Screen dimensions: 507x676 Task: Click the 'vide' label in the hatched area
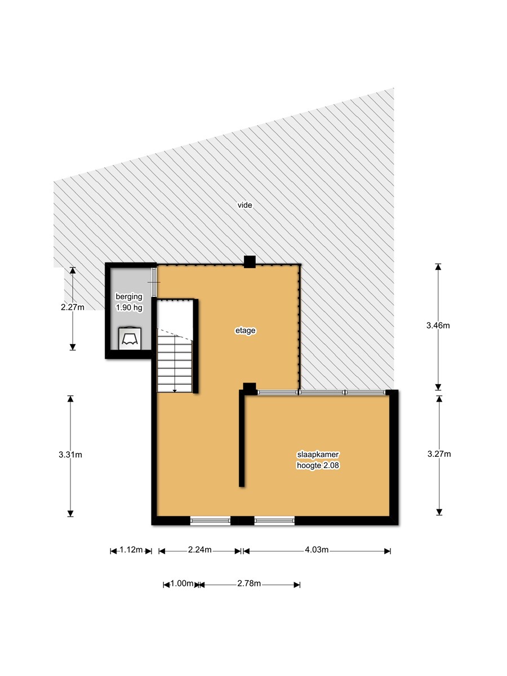[244, 205]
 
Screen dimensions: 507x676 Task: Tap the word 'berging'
[129, 296]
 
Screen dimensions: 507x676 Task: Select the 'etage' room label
[246, 331]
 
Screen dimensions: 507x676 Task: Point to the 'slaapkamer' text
[318, 455]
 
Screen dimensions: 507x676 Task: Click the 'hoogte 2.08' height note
[318, 465]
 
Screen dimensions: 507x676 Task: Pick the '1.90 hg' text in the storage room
[129, 308]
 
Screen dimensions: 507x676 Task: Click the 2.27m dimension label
[73, 307]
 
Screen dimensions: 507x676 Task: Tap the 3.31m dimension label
[70, 455]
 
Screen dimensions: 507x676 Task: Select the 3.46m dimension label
[438, 325]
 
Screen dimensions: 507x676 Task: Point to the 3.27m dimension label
[439, 453]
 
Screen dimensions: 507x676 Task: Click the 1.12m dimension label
[131, 549]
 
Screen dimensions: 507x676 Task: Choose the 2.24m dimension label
[200, 549]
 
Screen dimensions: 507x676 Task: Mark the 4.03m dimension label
[317, 549]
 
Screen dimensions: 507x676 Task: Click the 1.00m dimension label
[181, 583]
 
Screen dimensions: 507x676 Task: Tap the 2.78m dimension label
[249, 583]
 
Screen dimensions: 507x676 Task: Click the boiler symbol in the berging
[130, 338]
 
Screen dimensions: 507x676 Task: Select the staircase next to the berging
[175, 346]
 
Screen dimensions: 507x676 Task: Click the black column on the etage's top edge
[250, 262]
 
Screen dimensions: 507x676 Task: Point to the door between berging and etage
[154, 282]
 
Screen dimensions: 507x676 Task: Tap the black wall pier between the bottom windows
[242, 521]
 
